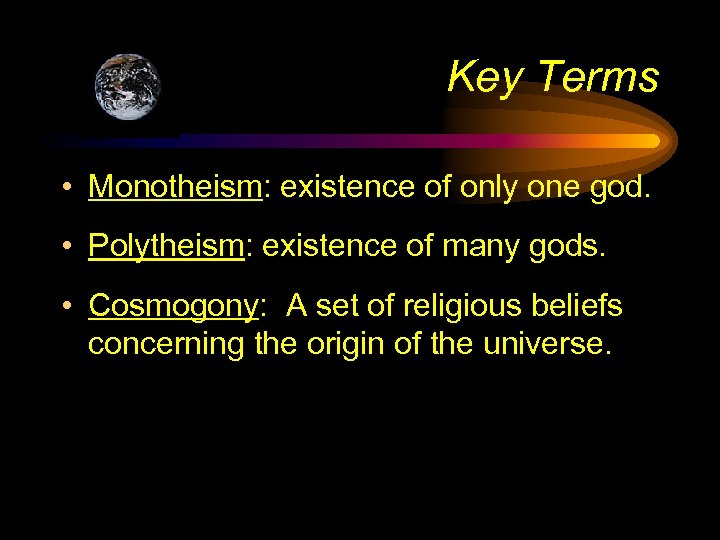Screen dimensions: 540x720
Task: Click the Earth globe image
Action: click(127, 87)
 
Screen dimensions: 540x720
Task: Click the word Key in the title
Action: click(481, 77)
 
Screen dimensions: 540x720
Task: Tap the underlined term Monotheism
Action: click(174, 186)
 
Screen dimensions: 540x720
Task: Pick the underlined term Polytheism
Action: click(167, 246)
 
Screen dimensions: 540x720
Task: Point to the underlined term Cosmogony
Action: click(173, 306)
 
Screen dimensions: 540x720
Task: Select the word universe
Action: click(545, 344)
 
